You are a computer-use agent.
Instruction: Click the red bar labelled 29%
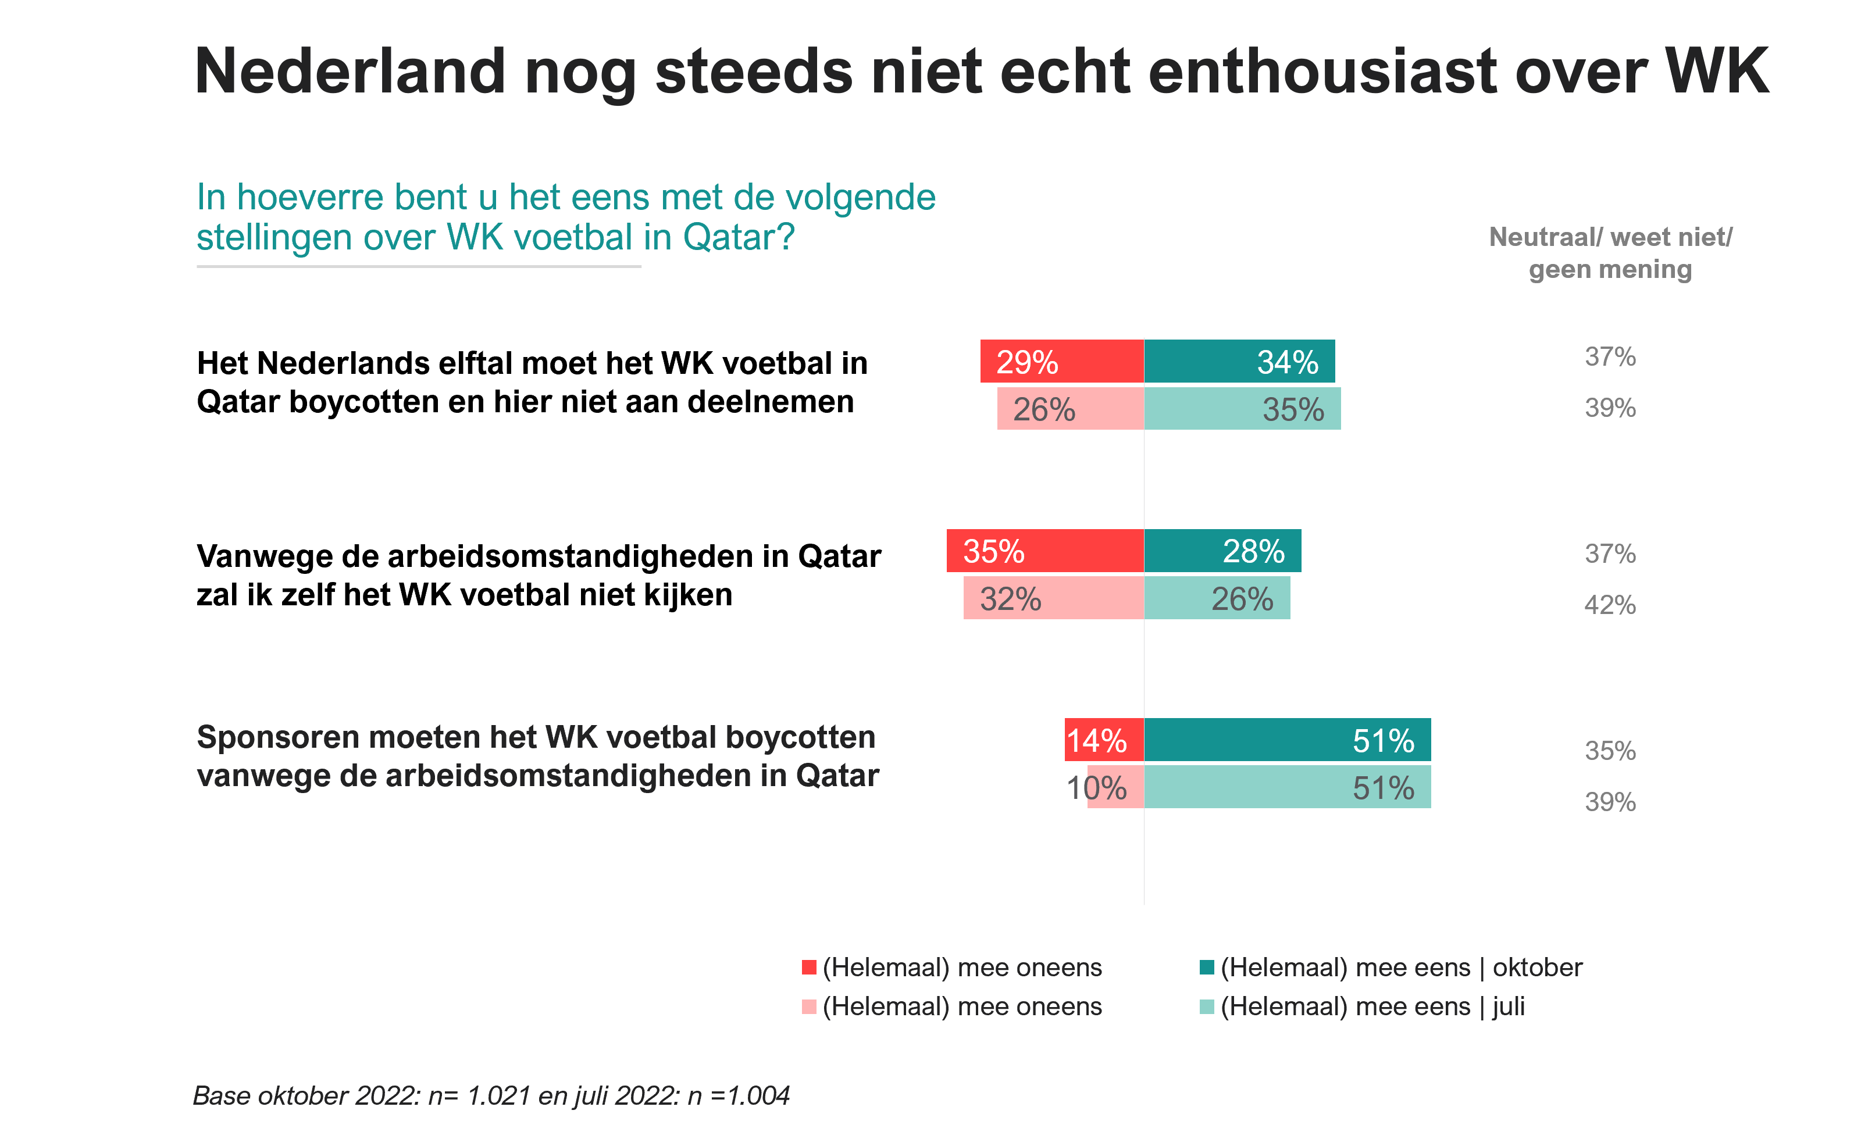coord(1062,362)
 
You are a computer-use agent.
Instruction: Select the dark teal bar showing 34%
coord(1239,362)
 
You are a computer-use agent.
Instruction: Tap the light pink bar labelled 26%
coord(1070,409)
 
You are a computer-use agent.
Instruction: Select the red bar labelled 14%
coord(1104,740)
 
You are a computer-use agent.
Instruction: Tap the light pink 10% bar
coord(1115,787)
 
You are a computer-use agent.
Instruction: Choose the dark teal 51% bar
coord(1287,740)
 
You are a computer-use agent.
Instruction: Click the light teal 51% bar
coord(1287,787)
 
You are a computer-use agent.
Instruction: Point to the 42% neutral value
coord(1610,605)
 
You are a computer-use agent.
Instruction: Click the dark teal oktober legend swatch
coord(1206,967)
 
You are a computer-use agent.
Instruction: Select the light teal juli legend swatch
coord(1206,1007)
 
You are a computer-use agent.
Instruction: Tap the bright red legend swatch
coord(809,967)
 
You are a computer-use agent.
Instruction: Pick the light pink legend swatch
coord(809,1007)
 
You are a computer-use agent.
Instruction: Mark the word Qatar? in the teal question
coord(739,238)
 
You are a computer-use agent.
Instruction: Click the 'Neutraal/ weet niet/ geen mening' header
coord(1610,253)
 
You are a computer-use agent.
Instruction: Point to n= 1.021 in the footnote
coord(480,1095)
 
